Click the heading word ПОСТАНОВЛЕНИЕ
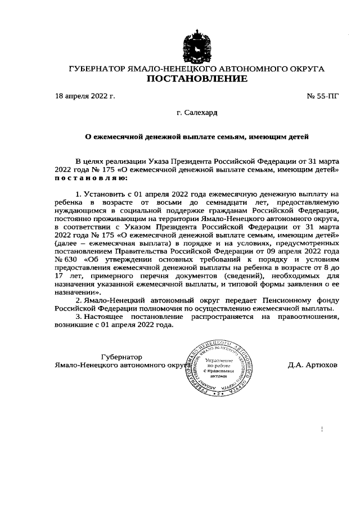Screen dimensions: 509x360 coord(197,79)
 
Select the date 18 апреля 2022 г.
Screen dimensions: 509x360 coord(85,96)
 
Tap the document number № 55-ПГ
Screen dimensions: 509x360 coord(323,96)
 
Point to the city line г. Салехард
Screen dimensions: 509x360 coord(197,112)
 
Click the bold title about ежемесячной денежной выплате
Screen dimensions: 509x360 coord(197,136)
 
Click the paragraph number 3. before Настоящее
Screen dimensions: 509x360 coord(79,317)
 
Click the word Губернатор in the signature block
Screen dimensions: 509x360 coord(121,357)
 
